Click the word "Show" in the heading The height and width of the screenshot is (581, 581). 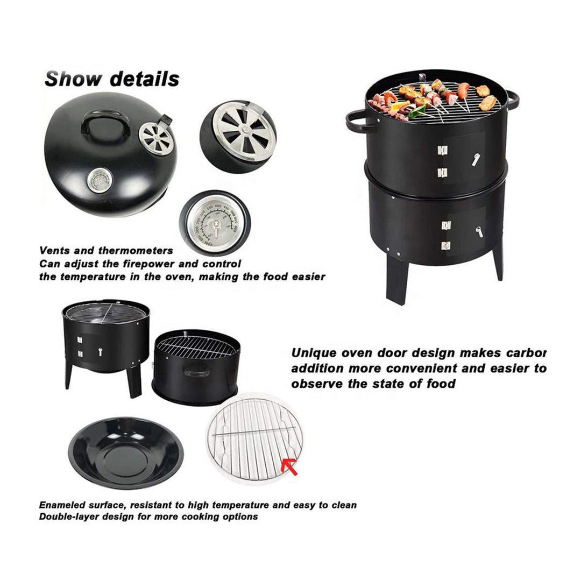(x=72, y=79)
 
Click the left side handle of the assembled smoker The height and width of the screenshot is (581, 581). (x=359, y=122)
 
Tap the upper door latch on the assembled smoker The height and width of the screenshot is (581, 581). (x=476, y=159)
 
